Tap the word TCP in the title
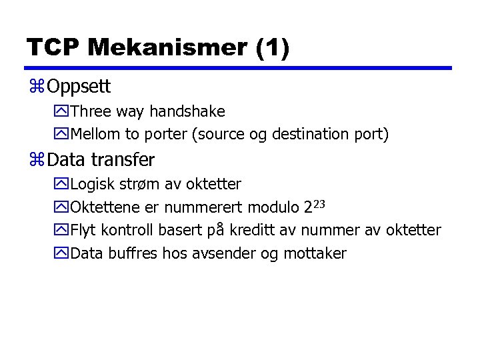pos(53,47)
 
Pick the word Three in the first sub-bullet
pos(91,111)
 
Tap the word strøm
pos(139,184)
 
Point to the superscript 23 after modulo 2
pos(318,203)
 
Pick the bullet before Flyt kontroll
pos(61,231)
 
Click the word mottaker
pos(315,253)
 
